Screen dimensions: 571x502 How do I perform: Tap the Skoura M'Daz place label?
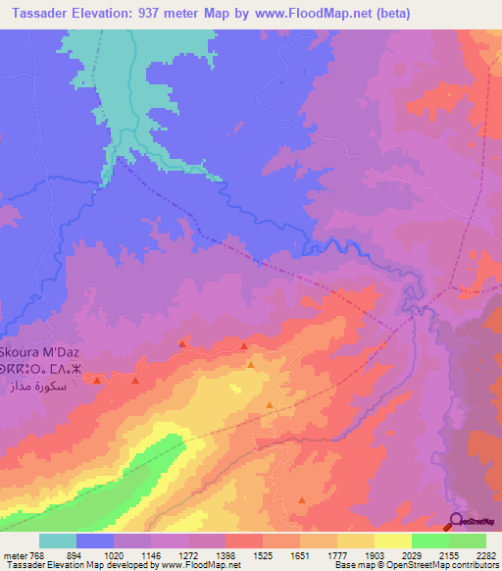(45, 351)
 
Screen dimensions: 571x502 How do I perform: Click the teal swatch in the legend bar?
(58, 541)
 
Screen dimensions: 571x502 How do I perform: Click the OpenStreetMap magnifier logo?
(456, 522)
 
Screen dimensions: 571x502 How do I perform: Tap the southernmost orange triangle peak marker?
(301, 502)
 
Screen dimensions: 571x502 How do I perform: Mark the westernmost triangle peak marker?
(96, 379)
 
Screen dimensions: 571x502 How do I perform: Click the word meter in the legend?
(14, 554)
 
